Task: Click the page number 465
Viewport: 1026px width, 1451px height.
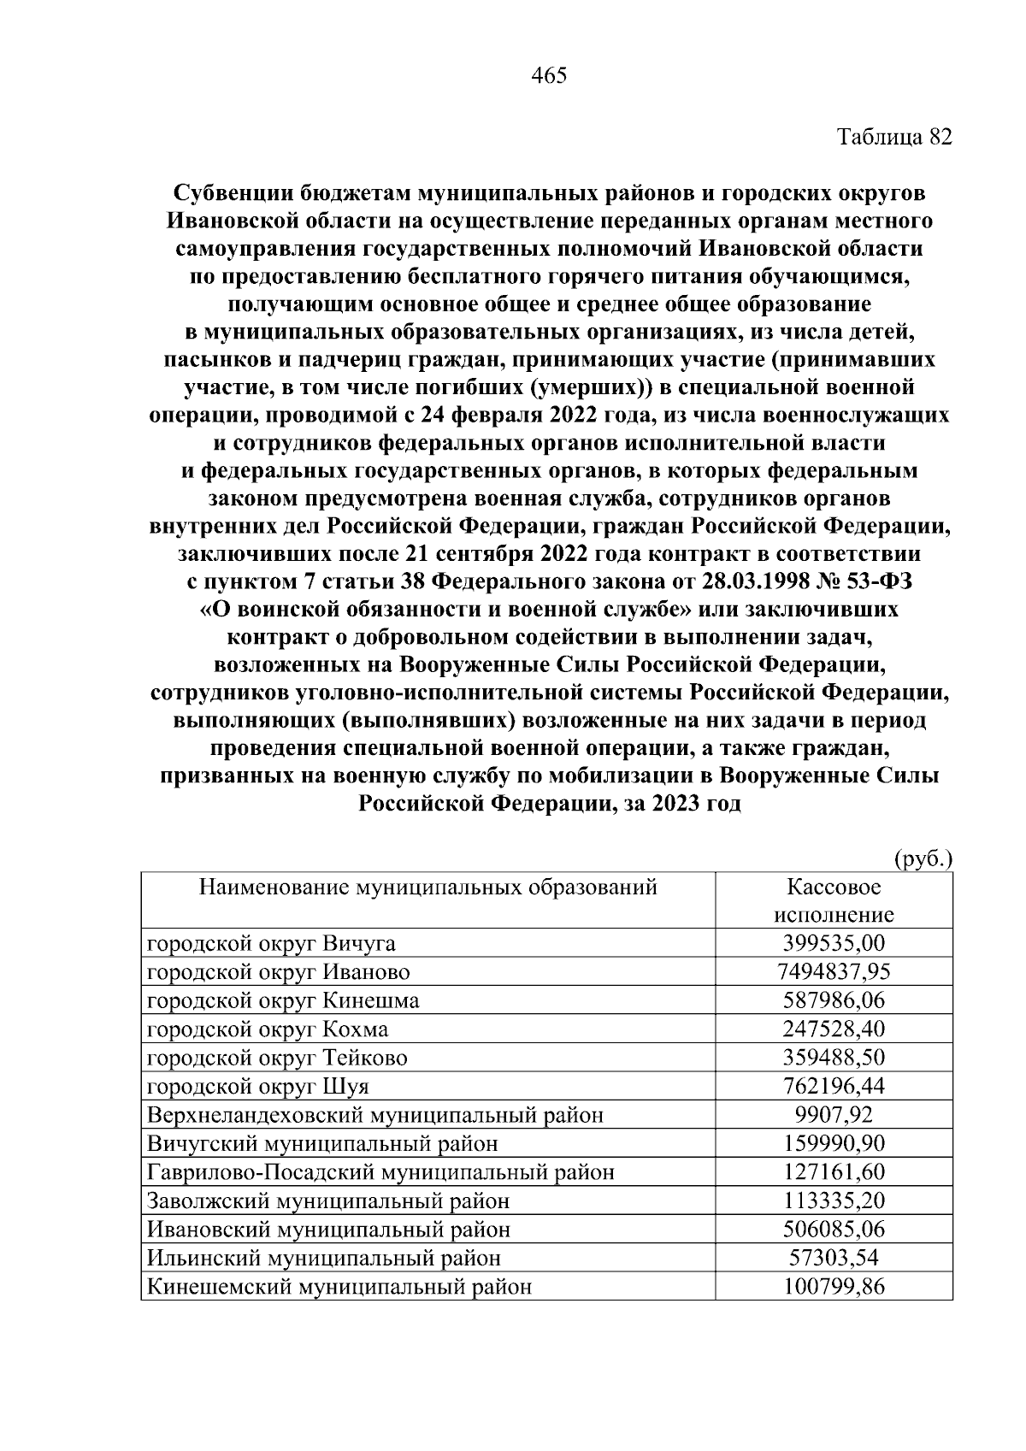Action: [x=549, y=76]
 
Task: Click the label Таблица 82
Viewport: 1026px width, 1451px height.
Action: [x=893, y=137]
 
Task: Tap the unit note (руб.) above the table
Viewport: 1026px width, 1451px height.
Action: [x=923, y=858]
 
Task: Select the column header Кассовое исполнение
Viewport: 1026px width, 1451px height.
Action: [x=833, y=900]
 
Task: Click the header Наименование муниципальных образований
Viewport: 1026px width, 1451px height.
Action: [x=427, y=887]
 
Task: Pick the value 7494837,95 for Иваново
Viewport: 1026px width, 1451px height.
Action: [x=834, y=971]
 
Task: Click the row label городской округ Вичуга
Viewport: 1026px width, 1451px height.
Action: [x=271, y=943]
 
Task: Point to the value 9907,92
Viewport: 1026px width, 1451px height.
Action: [x=834, y=1115]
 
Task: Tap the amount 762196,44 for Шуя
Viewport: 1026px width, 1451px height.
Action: [x=834, y=1086]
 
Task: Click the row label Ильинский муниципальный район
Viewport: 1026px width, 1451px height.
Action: [x=324, y=1258]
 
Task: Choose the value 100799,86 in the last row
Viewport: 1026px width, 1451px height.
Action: [x=834, y=1286]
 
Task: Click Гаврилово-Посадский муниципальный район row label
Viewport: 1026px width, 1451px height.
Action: [x=380, y=1172]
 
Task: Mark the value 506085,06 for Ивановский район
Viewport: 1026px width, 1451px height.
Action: [x=834, y=1230]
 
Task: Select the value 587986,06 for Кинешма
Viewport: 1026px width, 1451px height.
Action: [x=834, y=1000]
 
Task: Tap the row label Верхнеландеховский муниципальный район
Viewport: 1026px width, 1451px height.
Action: [x=374, y=1115]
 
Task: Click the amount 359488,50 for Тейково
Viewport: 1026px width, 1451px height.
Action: [x=834, y=1058]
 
